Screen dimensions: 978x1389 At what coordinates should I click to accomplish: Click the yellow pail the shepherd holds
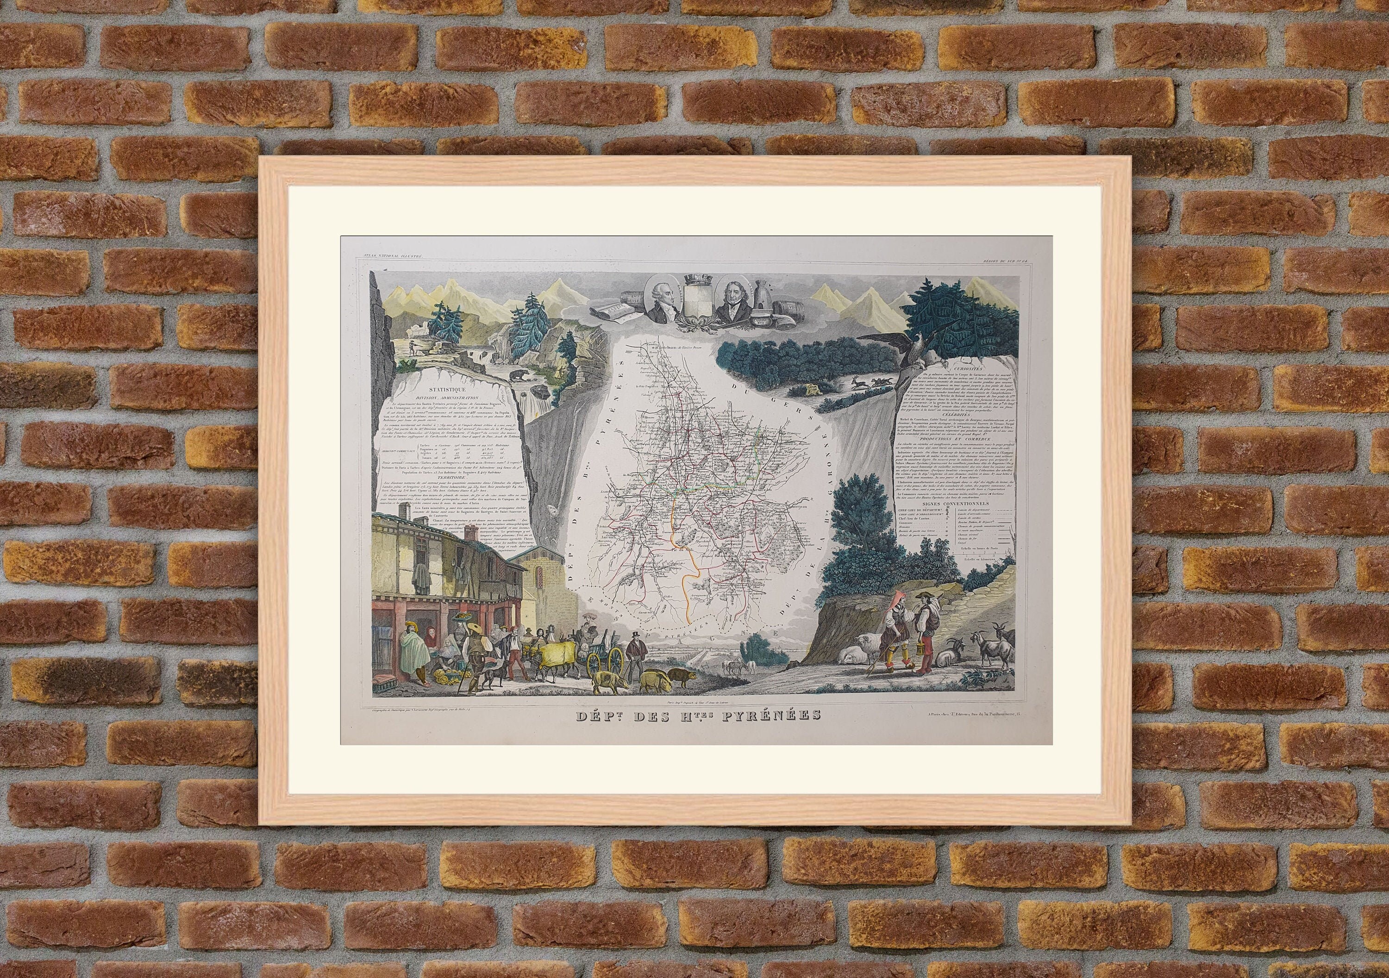click(x=925, y=656)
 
